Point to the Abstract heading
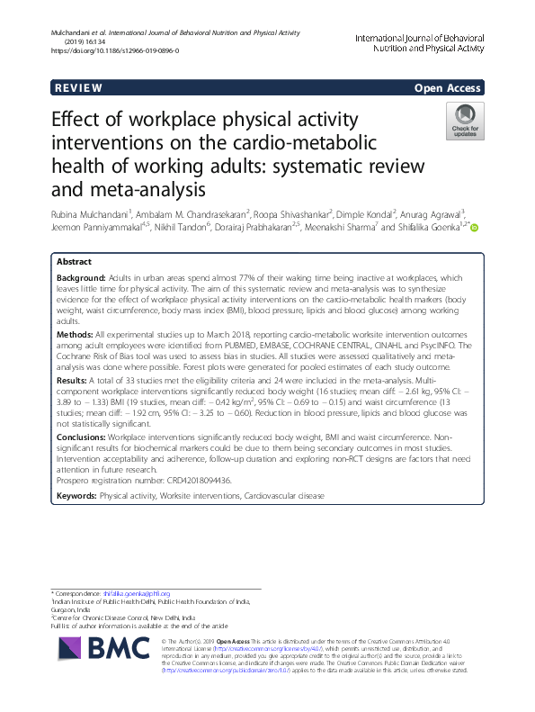point(74,260)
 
